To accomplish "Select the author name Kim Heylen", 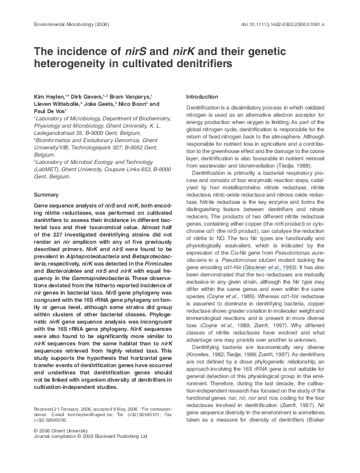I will click(x=48, y=96).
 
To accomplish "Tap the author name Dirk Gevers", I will click(x=83, y=96).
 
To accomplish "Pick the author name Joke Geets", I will click(x=97, y=104).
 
